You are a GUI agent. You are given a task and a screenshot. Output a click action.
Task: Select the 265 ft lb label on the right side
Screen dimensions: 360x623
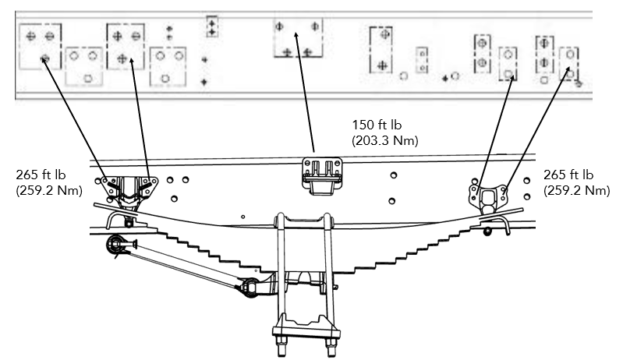(x=568, y=175)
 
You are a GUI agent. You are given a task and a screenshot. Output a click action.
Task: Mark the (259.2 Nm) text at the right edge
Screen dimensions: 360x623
(x=576, y=190)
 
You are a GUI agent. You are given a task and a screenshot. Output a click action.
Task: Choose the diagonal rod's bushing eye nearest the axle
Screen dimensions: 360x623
(x=250, y=288)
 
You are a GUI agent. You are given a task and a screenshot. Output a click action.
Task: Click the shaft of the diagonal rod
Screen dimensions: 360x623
(x=184, y=266)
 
